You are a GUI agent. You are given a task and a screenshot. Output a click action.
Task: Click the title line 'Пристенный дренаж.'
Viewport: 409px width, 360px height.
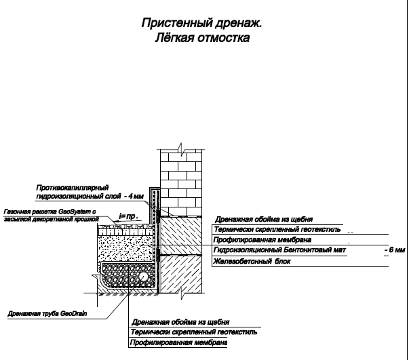coord(201,23)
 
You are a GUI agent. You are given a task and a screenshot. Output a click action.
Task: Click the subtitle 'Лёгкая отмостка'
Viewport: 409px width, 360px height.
coord(202,38)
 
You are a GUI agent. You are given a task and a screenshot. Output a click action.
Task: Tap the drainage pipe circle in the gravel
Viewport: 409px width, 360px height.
coord(143,277)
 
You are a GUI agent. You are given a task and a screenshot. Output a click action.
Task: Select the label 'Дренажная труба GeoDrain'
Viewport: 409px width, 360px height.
coord(47,313)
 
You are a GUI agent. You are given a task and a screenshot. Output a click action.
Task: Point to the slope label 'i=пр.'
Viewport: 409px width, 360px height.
coord(129,216)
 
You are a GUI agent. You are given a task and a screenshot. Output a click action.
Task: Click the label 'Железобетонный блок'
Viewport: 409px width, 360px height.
coord(252,261)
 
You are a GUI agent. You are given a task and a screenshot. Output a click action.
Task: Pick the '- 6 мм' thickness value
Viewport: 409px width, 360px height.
coord(395,249)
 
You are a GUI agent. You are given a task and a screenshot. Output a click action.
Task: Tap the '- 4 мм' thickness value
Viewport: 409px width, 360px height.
coord(134,196)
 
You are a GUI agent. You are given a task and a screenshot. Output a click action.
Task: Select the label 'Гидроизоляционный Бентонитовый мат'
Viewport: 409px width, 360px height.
coord(279,250)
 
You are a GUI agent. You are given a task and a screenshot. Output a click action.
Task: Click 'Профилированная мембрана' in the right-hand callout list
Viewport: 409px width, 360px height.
coord(262,240)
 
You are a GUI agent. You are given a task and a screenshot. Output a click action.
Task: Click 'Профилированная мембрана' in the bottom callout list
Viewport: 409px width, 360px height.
coord(178,342)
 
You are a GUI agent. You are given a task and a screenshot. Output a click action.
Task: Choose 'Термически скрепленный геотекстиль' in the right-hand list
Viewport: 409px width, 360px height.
coord(277,229)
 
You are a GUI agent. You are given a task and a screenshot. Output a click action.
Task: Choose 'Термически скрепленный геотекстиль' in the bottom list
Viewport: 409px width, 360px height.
coord(194,332)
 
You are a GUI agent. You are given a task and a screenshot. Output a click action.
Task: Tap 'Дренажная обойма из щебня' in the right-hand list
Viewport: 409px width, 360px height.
coord(264,219)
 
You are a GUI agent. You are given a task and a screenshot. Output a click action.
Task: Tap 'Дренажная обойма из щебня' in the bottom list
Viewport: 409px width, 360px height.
coord(180,322)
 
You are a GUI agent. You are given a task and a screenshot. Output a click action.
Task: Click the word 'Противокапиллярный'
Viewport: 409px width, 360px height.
coord(73,188)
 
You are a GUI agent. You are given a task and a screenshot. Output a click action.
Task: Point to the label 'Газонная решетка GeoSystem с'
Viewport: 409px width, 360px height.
coord(50,212)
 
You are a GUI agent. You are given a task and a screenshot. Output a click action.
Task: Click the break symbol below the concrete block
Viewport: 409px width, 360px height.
coord(182,294)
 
